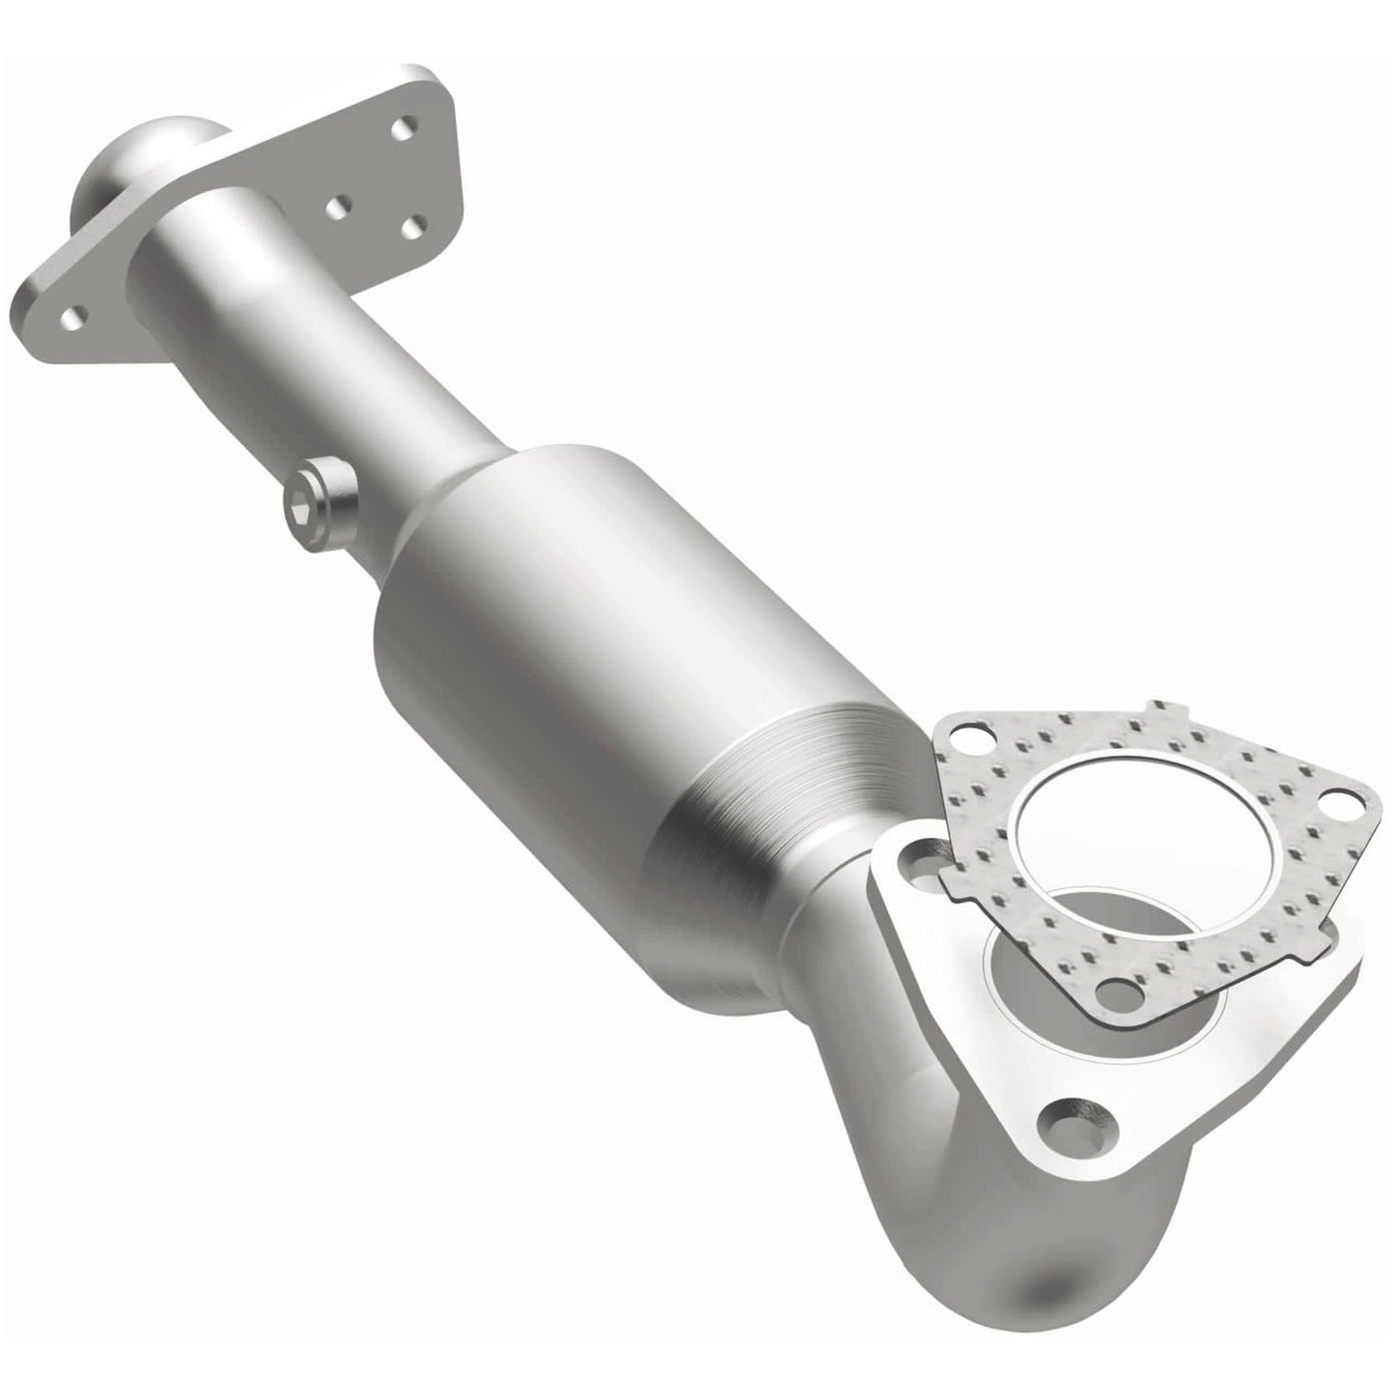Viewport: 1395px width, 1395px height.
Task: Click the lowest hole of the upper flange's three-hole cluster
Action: pos(415,227)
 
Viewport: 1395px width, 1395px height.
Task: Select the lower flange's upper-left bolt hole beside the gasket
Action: pos(915,855)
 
